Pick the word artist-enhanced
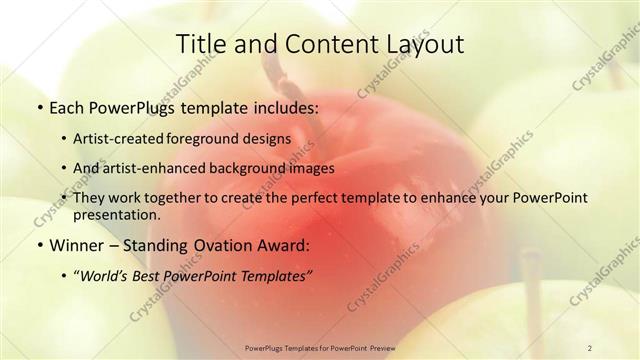pos(155,168)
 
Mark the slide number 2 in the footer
pos(589,347)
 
